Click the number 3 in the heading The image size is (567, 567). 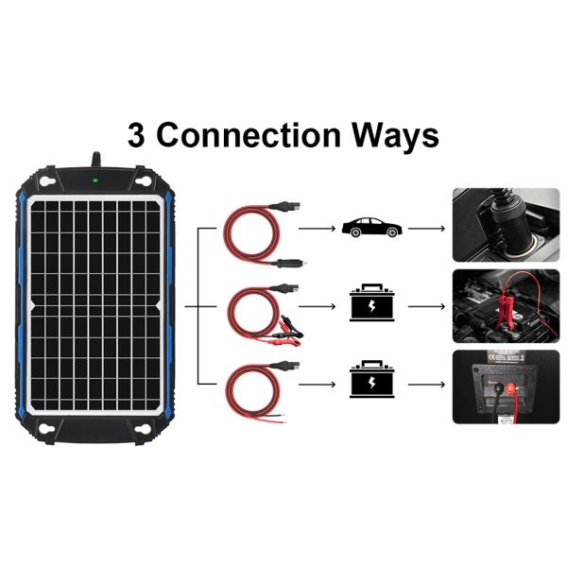(x=138, y=134)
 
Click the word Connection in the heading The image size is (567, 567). (x=255, y=134)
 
